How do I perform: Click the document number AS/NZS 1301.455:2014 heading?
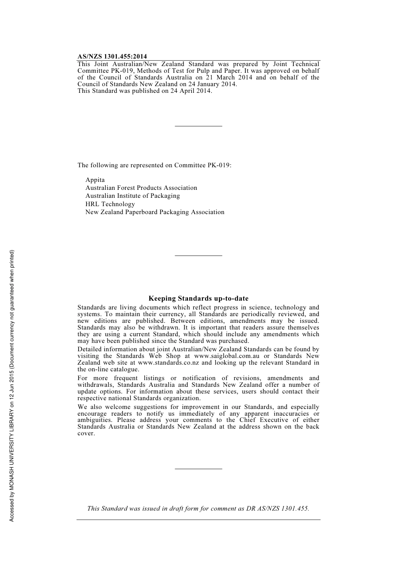click(112, 56)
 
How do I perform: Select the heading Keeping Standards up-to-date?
click(198, 299)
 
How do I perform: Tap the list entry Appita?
click(95, 180)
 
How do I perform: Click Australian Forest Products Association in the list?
click(141, 188)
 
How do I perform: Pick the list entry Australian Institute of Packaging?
click(132, 196)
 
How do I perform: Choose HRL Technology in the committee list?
click(110, 204)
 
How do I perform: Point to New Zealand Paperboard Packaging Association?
click(155, 212)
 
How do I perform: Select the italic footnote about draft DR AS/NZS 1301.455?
click(198, 508)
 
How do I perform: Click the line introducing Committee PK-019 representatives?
click(154, 165)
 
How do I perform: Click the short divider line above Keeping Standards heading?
click(198, 255)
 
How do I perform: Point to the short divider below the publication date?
click(198, 126)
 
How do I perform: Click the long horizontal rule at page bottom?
click(198, 520)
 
